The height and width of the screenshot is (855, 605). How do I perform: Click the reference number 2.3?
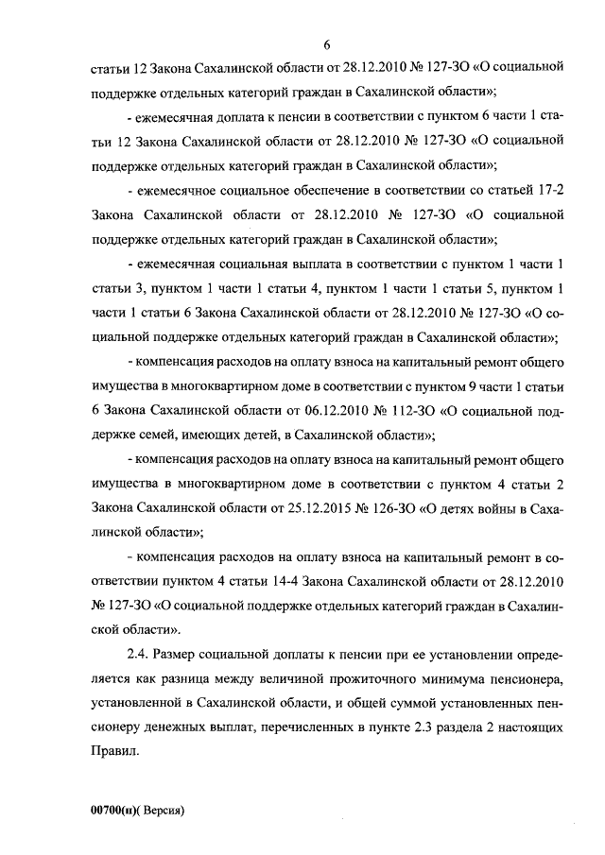pos(439,728)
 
